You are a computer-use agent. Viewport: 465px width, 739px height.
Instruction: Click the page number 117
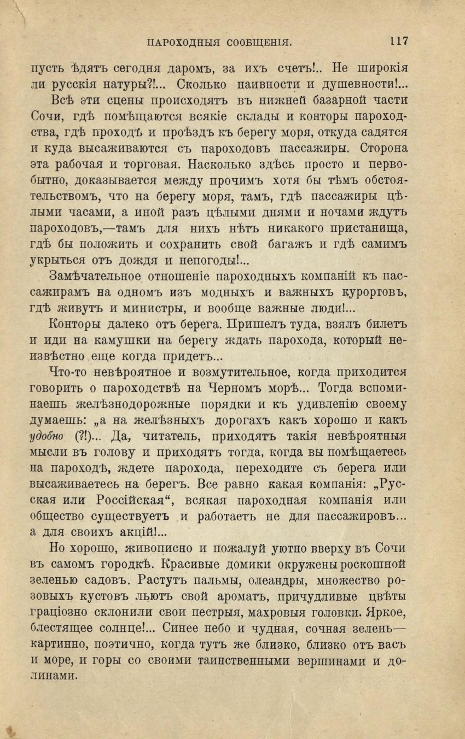[400, 40]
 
